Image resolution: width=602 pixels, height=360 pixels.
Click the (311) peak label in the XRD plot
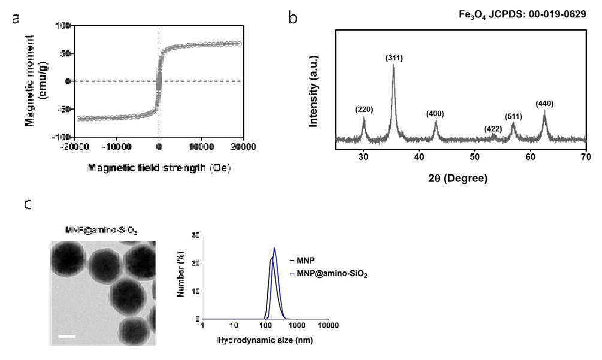click(x=394, y=58)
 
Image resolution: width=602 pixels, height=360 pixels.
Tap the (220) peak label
click(x=364, y=110)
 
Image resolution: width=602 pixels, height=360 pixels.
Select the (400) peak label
click(x=435, y=114)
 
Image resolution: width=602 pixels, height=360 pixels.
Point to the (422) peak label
click(x=494, y=129)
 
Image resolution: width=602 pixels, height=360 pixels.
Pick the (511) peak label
click(x=514, y=117)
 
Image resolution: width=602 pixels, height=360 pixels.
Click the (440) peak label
click(x=545, y=104)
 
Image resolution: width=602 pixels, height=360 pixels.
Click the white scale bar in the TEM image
click(x=67, y=337)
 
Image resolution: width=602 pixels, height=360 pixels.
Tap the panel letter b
click(x=292, y=17)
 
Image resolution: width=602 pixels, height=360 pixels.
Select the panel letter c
click(x=28, y=204)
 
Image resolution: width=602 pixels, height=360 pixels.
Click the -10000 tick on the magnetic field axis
click(x=117, y=147)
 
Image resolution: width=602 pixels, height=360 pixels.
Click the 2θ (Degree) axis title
click(x=458, y=179)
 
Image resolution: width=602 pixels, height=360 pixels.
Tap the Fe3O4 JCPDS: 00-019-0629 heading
click(x=522, y=14)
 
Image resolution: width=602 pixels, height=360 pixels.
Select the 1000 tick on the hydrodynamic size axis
click(x=297, y=325)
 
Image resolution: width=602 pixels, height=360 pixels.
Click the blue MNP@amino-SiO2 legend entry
click(x=329, y=274)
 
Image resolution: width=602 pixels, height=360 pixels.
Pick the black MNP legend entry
click(x=302, y=260)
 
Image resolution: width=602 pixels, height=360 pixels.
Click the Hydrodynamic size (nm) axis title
click(x=265, y=340)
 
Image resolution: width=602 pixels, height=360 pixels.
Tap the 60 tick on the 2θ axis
click(x=531, y=156)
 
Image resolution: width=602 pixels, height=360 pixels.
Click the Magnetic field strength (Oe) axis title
click(x=159, y=168)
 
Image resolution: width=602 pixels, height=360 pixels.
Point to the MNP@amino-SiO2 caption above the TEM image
click(x=101, y=231)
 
